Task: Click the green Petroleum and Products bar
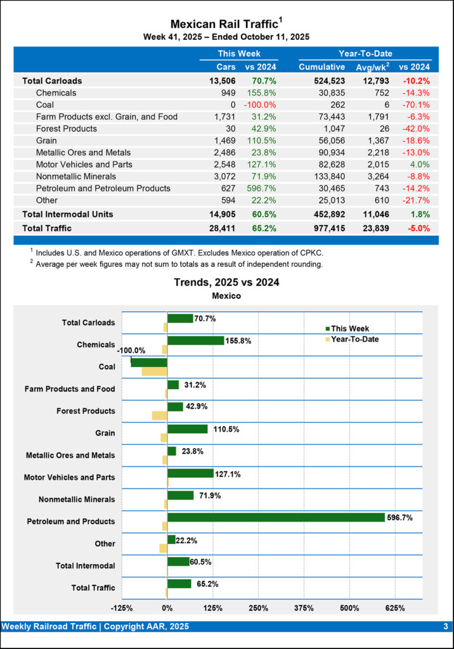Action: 276,517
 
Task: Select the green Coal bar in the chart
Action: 149,362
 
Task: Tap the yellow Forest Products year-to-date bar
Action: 159,415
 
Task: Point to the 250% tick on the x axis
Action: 258,608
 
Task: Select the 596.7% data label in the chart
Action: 399,517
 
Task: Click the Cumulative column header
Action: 321,67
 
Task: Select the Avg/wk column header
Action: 375,67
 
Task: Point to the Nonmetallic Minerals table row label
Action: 76,176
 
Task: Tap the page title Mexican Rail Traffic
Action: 225,24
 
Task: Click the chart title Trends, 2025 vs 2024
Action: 226,282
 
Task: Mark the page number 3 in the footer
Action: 446,627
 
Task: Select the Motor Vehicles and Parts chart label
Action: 70,477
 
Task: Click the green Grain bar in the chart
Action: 187,429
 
